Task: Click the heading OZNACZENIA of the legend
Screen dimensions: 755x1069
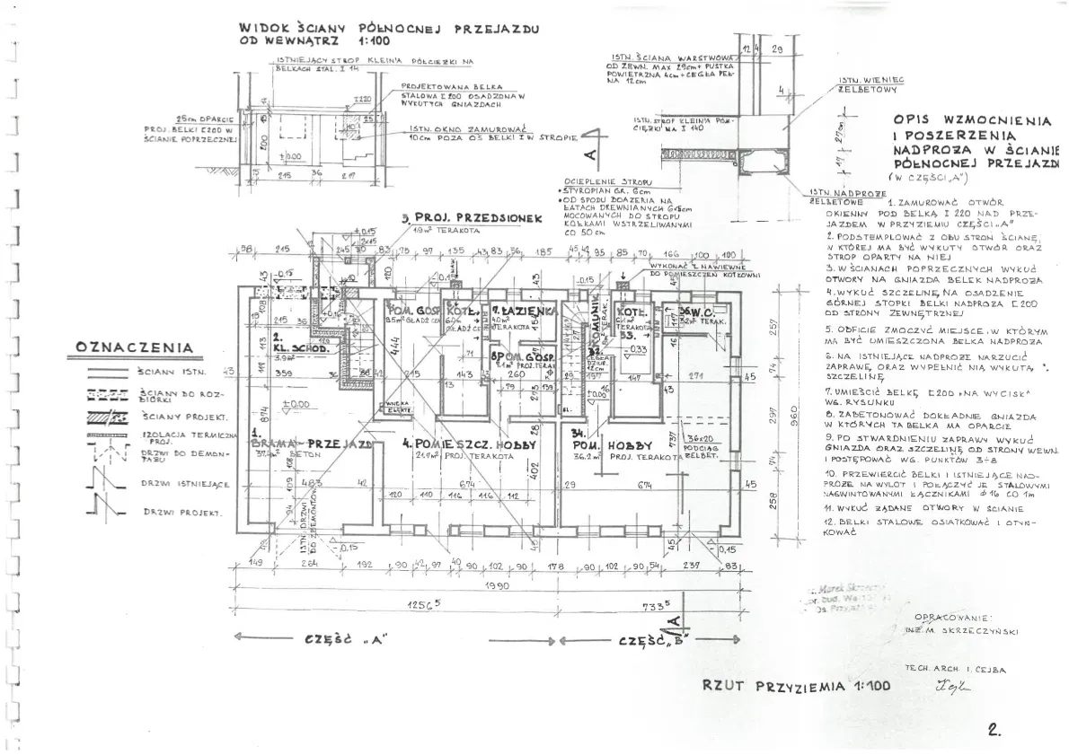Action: [134, 347]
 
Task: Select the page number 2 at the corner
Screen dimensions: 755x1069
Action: [994, 730]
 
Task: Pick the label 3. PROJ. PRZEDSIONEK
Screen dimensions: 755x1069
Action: [458, 218]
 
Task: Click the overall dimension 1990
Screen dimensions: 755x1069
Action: [495, 585]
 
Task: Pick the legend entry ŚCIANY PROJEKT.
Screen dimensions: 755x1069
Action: [184, 417]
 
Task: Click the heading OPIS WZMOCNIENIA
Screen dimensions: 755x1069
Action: [972, 119]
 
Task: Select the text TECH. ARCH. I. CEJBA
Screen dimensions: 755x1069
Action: [955, 670]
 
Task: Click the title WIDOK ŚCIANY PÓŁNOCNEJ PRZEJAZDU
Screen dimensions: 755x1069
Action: [389, 29]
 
